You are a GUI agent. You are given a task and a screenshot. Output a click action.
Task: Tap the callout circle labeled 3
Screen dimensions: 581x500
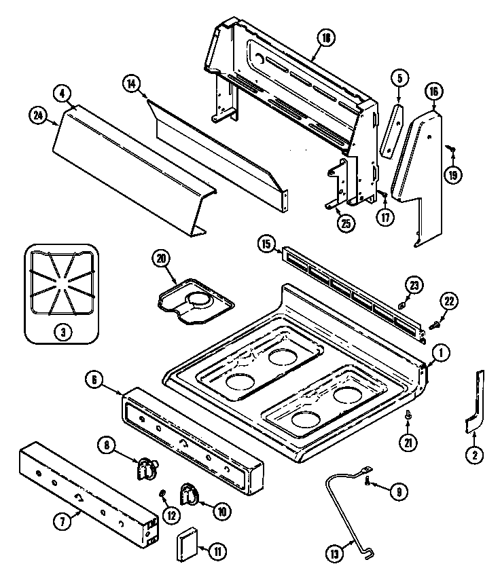[62, 332]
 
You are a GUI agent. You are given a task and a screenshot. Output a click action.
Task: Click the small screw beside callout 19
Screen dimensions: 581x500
[449, 147]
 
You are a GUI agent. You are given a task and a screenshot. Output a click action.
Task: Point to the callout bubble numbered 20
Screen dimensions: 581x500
[161, 258]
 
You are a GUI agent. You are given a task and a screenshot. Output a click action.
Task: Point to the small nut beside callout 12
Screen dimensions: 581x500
[163, 492]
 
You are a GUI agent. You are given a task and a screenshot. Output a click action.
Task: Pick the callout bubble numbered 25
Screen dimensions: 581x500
[346, 223]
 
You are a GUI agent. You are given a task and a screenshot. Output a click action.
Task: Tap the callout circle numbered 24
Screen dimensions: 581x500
[37, 115]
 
